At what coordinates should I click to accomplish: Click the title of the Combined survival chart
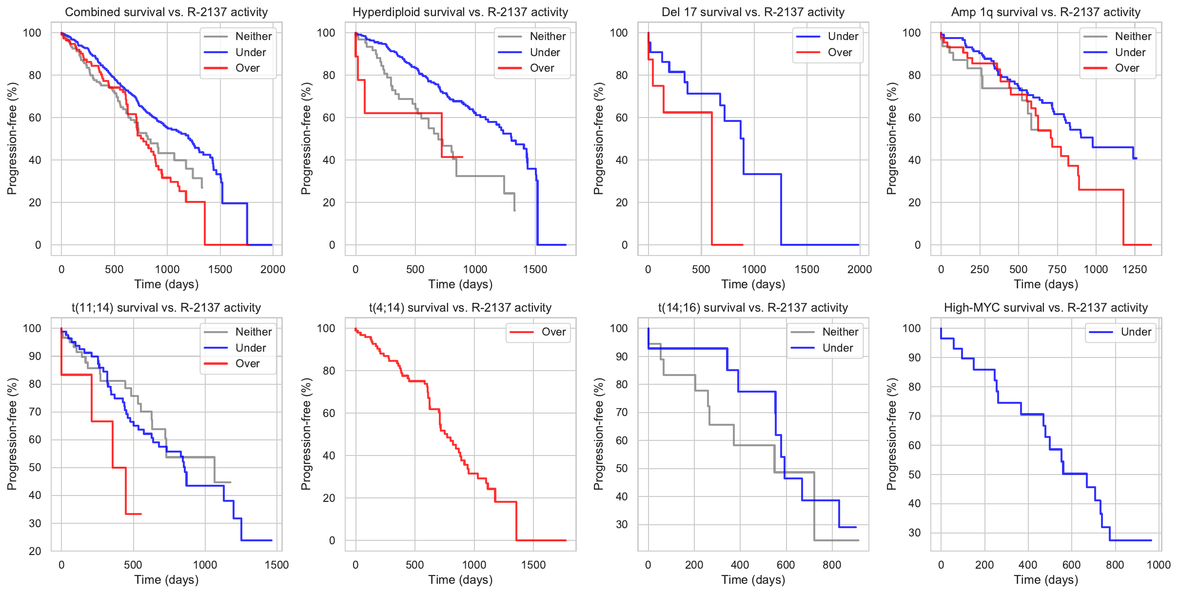[x=166, y=12]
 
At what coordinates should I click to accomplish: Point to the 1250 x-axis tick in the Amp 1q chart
[x=1135, y=269]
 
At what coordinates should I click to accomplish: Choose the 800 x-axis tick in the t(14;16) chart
[x=832, y=565]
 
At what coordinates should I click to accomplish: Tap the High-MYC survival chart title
[x=1046, y=308]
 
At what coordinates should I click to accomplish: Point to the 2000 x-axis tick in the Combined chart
[x=273, y=269]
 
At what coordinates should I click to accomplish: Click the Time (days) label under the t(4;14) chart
[x=460, y=579]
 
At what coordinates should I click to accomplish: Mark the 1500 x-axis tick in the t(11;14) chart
[x=276, y=565]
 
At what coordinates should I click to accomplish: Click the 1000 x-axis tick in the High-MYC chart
[x=1159, y=565]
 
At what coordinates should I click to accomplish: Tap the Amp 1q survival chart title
[x=1046, y=12]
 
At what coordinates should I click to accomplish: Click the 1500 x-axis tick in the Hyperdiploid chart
[x=535, y=269]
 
